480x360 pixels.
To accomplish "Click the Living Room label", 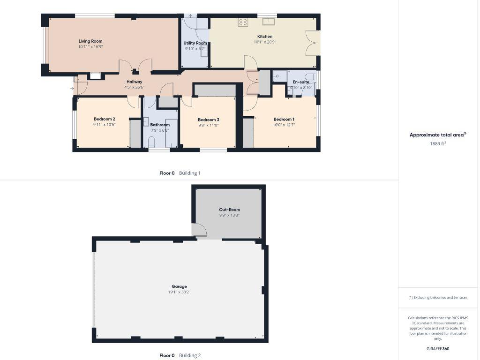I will click(90, 41).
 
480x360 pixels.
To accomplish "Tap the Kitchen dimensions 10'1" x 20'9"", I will click(265, 42).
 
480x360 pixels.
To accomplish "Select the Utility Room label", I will click(195, 43).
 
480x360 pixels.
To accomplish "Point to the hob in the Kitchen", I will click(243, 22).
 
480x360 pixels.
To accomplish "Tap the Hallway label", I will click(134, 82).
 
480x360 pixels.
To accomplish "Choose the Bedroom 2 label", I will click(105, 119).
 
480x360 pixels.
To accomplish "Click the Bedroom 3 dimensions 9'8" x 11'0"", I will click(209, 125).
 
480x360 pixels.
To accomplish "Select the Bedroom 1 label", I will click(284, 119).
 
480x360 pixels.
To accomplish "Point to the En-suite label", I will click(301, 82).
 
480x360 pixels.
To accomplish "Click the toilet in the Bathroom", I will click(151, 141).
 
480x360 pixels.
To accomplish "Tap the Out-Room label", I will click(230, 210).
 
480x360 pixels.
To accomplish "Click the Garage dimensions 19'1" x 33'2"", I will click(179, 292).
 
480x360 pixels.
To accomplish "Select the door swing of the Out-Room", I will click(200, 229).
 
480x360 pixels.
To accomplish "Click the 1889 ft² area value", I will click(438, 144).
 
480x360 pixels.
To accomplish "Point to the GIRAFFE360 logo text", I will click(438, 349).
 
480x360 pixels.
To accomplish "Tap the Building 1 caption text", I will click(189, 173).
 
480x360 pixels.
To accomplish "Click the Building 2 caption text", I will click(190, 355).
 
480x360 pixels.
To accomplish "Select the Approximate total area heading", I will click(437, 135).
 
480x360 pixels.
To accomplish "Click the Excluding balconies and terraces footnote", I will click(438, 298).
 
